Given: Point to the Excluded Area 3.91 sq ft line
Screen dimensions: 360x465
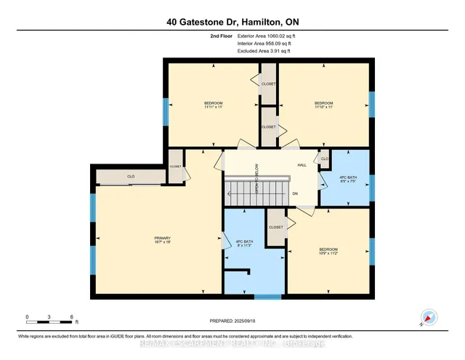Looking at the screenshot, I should pyautogui.click(x=262, y=51).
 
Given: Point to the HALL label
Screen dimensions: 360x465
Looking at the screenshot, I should pyautogui.click(x=302, y=165).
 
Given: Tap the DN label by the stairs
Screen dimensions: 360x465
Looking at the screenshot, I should pyautogui.click(x=295, y=194).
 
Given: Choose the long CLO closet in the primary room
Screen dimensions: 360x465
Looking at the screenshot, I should pyautogui.click(x=131, y=177).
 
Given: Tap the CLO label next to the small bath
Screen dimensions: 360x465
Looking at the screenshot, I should pyautogui.click(x=324, y=159).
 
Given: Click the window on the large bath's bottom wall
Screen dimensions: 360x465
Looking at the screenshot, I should pyautogui.click(x=267, y=296).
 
